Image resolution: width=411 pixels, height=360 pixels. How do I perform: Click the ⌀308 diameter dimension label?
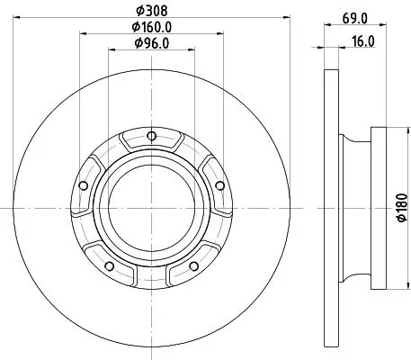coord(151,11)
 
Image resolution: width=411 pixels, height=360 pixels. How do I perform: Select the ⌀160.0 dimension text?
coord(152,27)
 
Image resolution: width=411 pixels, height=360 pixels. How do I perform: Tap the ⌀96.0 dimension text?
coord(152,43)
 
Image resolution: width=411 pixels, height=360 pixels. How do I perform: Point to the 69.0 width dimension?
coord(355,19)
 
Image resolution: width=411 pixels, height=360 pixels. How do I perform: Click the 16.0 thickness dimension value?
coord(363,41)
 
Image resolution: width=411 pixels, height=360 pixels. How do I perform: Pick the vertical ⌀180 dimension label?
coord(402,208)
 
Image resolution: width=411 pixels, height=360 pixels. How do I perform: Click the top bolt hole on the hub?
coord(152,136)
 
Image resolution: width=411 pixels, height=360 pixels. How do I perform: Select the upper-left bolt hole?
coord(84,185)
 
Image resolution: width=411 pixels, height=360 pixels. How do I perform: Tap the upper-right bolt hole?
coord(220,185)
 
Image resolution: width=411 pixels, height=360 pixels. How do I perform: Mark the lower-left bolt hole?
coord(110,265)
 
